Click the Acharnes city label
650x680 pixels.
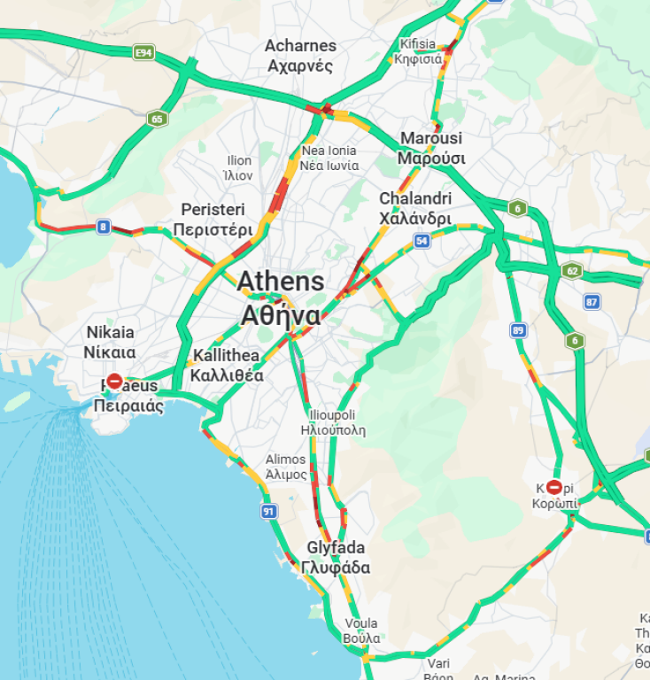(x=301, y=56)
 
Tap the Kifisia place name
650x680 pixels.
(x=418, y=51)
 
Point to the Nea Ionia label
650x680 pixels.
(x=329, y=158)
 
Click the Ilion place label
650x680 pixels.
(x=240, y=167)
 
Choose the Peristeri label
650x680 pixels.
(x=213, y=220)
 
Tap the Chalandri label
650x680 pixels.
(x=415, y=208)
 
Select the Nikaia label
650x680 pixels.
(x=111, y=342)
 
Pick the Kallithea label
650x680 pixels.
(x=227, y=365)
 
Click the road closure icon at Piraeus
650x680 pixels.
(x=114, y=382)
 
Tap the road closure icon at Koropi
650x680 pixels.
(x=554, y=487)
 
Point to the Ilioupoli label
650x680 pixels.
(x=332, y=422)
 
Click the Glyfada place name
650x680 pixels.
(x=336, y=558)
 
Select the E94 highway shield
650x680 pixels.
(x=143, y=53)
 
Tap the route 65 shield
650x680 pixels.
(x=157, y=119)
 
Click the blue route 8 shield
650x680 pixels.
(x=104, y=228)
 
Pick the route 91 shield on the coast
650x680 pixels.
(x=268, y=512)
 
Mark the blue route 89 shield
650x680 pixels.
(x=519, y=330)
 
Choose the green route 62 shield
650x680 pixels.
(x=572, y=270)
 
